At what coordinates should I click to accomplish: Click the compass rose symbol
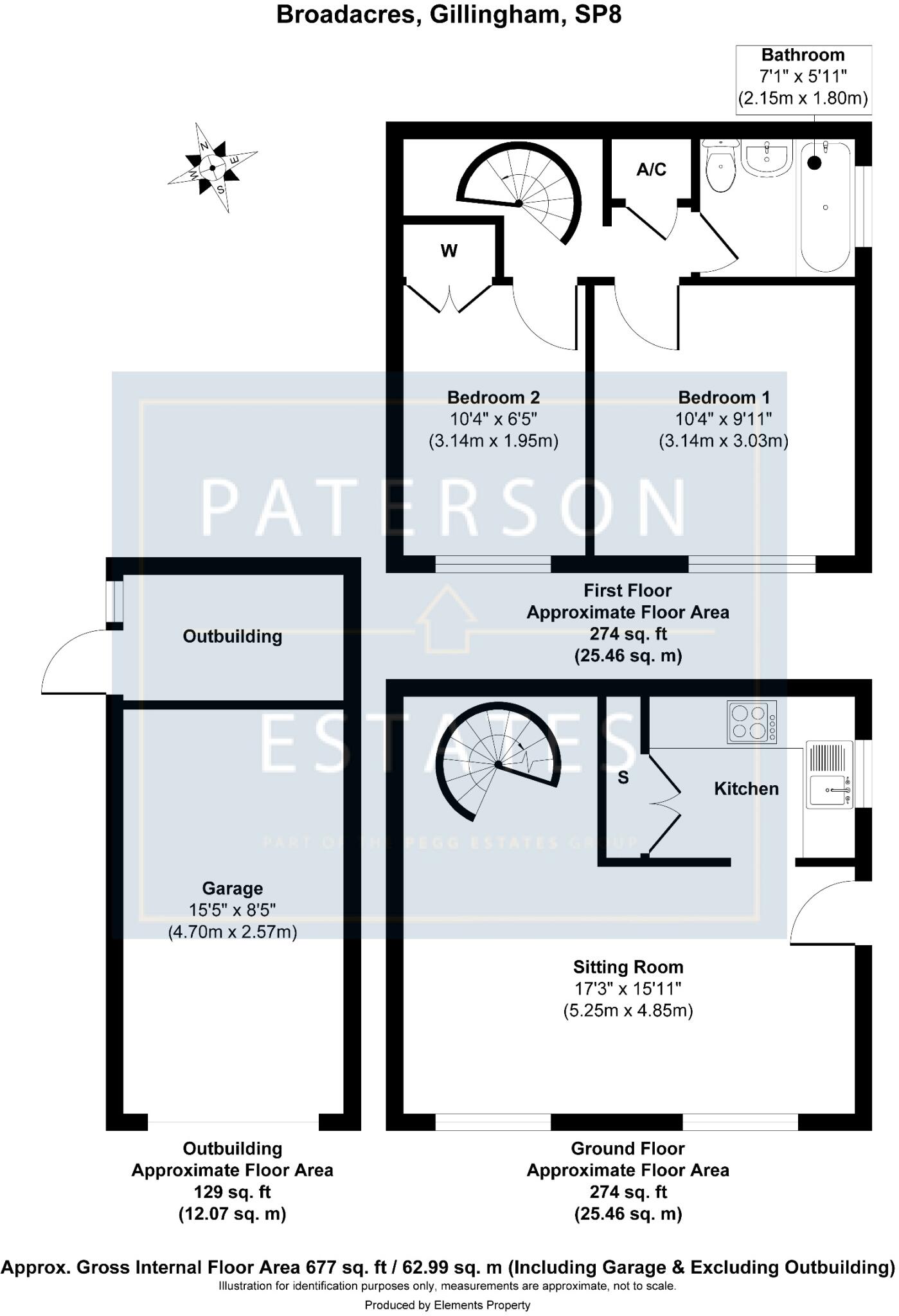click(x=213, y=168)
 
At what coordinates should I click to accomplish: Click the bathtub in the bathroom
click(x=826, y=207)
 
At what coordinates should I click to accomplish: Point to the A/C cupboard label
click(x=651, y=170)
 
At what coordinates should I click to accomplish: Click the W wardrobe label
click(x=449, y=251)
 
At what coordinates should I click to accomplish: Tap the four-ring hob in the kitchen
click(x=751, y=722)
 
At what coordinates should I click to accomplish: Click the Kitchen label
click(x=746, y=788)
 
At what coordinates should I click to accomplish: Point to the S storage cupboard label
click(x=623, y=778)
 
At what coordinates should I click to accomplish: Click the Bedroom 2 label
click(x=494, y=397)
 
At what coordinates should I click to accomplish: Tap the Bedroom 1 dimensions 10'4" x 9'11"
click(x=724, y=419)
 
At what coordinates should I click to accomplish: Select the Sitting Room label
click(x=628, y=967)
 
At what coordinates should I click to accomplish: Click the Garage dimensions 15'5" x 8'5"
click(x=233, y=910)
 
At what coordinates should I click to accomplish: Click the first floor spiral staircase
click(x=519, y=193)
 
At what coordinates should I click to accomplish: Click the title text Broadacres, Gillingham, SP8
click(x=449, y=15)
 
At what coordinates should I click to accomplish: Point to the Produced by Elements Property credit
click(x=447, y=1305)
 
